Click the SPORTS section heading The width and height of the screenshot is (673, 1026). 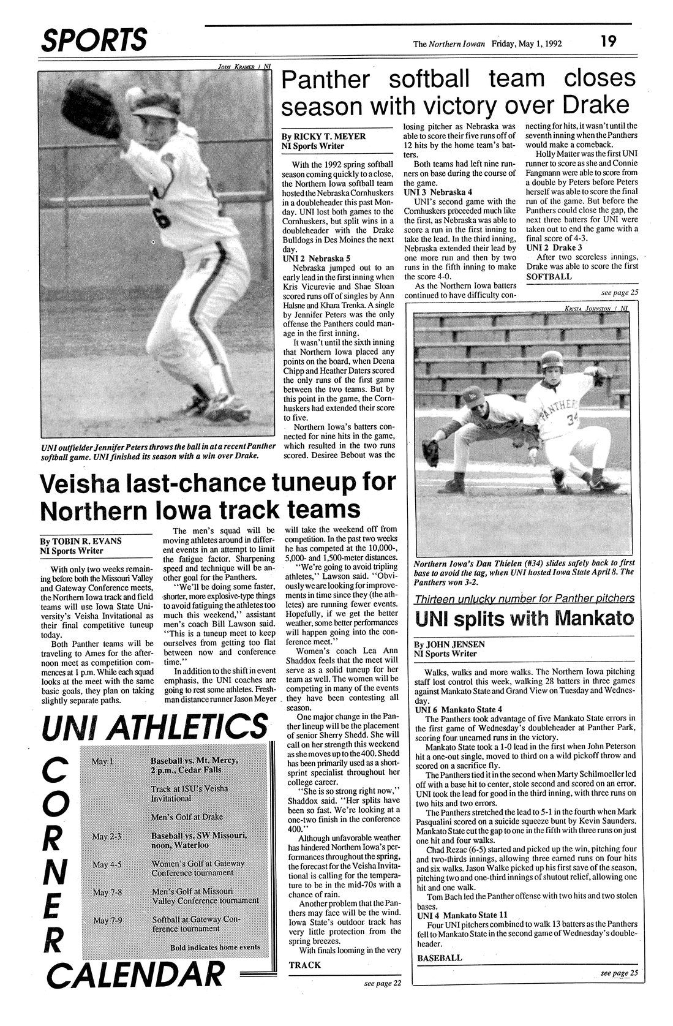pos(94,40)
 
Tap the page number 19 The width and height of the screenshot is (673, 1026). pos(608,42)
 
